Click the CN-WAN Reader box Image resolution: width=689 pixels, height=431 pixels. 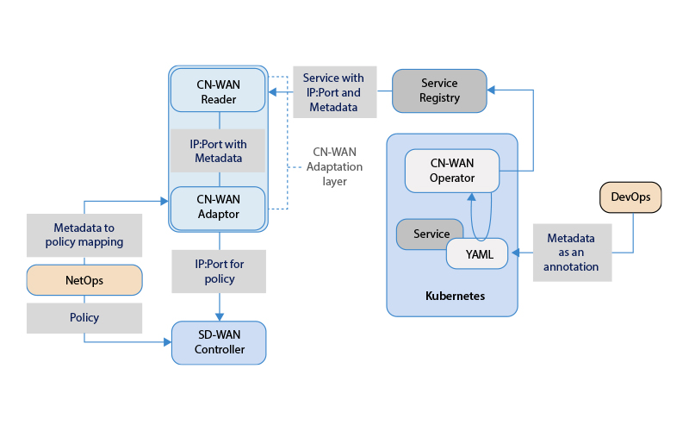(219, 91)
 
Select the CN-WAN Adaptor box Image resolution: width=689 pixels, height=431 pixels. (219, 208)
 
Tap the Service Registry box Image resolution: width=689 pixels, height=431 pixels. (439, 91)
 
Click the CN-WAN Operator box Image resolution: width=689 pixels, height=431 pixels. (452, 170)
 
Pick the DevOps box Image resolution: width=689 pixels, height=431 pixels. (630, 197)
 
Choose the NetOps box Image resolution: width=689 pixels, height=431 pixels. (84, 279)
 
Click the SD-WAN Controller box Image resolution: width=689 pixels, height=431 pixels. (219, 342)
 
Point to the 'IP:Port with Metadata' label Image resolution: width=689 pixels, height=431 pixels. (218, 151)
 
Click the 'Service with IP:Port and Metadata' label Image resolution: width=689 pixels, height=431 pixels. (334, 92)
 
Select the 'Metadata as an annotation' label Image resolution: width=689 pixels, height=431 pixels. (572, 253)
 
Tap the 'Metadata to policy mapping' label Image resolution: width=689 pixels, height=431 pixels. (84, 234)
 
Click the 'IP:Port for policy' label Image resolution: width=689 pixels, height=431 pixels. (219, 272)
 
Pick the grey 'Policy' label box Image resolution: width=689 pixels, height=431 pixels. (84, 317)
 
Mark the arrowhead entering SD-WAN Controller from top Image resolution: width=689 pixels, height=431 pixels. (220, 317)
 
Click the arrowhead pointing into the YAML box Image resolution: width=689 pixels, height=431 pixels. (514, 253)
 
